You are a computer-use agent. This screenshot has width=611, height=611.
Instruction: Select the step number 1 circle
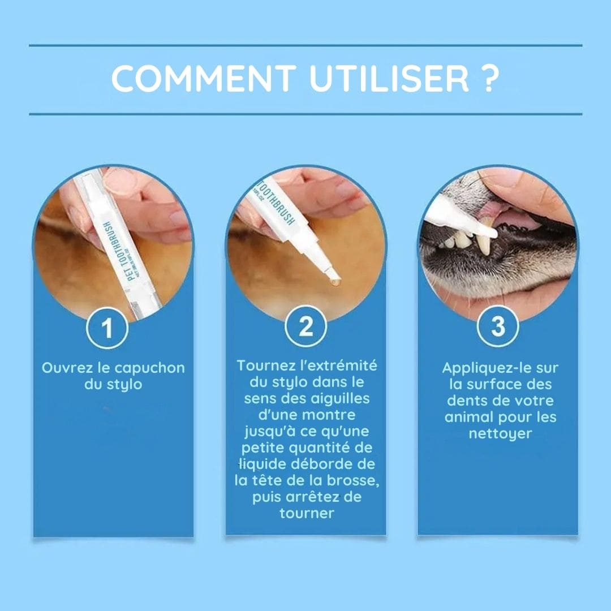pyautogui.click(x=107, y=328)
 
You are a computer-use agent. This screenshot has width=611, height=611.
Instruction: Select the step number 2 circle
pyautogui.click(x=305, y=326)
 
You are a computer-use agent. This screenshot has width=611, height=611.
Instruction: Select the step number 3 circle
pyautogui.click(x=498, y=326)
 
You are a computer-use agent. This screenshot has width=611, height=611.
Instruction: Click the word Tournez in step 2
pyautogui.click(x=264, y=365)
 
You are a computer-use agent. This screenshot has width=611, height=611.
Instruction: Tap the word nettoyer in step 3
pyautogui.click(x=500, y=434)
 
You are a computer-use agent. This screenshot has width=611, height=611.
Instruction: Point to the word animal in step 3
pyautogui.click(x=470, y=417)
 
